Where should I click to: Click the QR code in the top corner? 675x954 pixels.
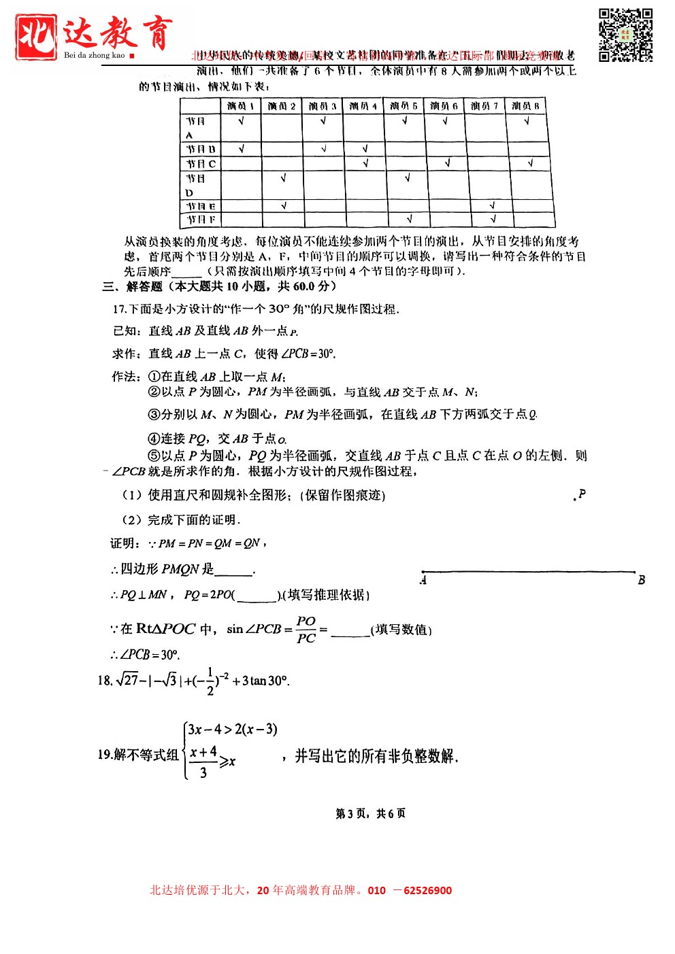click(x=625, y=35)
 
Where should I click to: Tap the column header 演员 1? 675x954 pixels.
click(x=241, y=106)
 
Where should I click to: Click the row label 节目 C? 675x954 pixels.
click(x=201, y=164)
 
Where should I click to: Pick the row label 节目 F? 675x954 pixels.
click(x=201, y=220)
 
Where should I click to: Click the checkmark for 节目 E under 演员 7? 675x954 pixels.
click(x=492, y=205)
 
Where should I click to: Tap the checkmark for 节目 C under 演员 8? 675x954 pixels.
click(x=529, y=163)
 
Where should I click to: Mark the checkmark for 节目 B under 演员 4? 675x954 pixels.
click(x=365, y=148)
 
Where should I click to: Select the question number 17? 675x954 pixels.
click(x=119, y=309)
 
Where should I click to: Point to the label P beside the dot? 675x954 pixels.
click(x=582, y=494)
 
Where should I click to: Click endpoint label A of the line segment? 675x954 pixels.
click(x=423, y=581)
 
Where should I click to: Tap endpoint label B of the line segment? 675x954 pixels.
click(x=641, y=581)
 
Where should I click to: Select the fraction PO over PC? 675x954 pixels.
click(x=306, y=630)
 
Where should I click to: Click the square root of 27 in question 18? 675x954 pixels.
click(x=127, y=680)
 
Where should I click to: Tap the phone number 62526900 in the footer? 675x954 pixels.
click(x=427, y=891)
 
